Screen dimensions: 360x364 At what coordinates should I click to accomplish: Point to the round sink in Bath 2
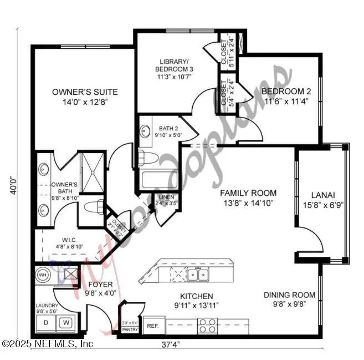145,131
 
